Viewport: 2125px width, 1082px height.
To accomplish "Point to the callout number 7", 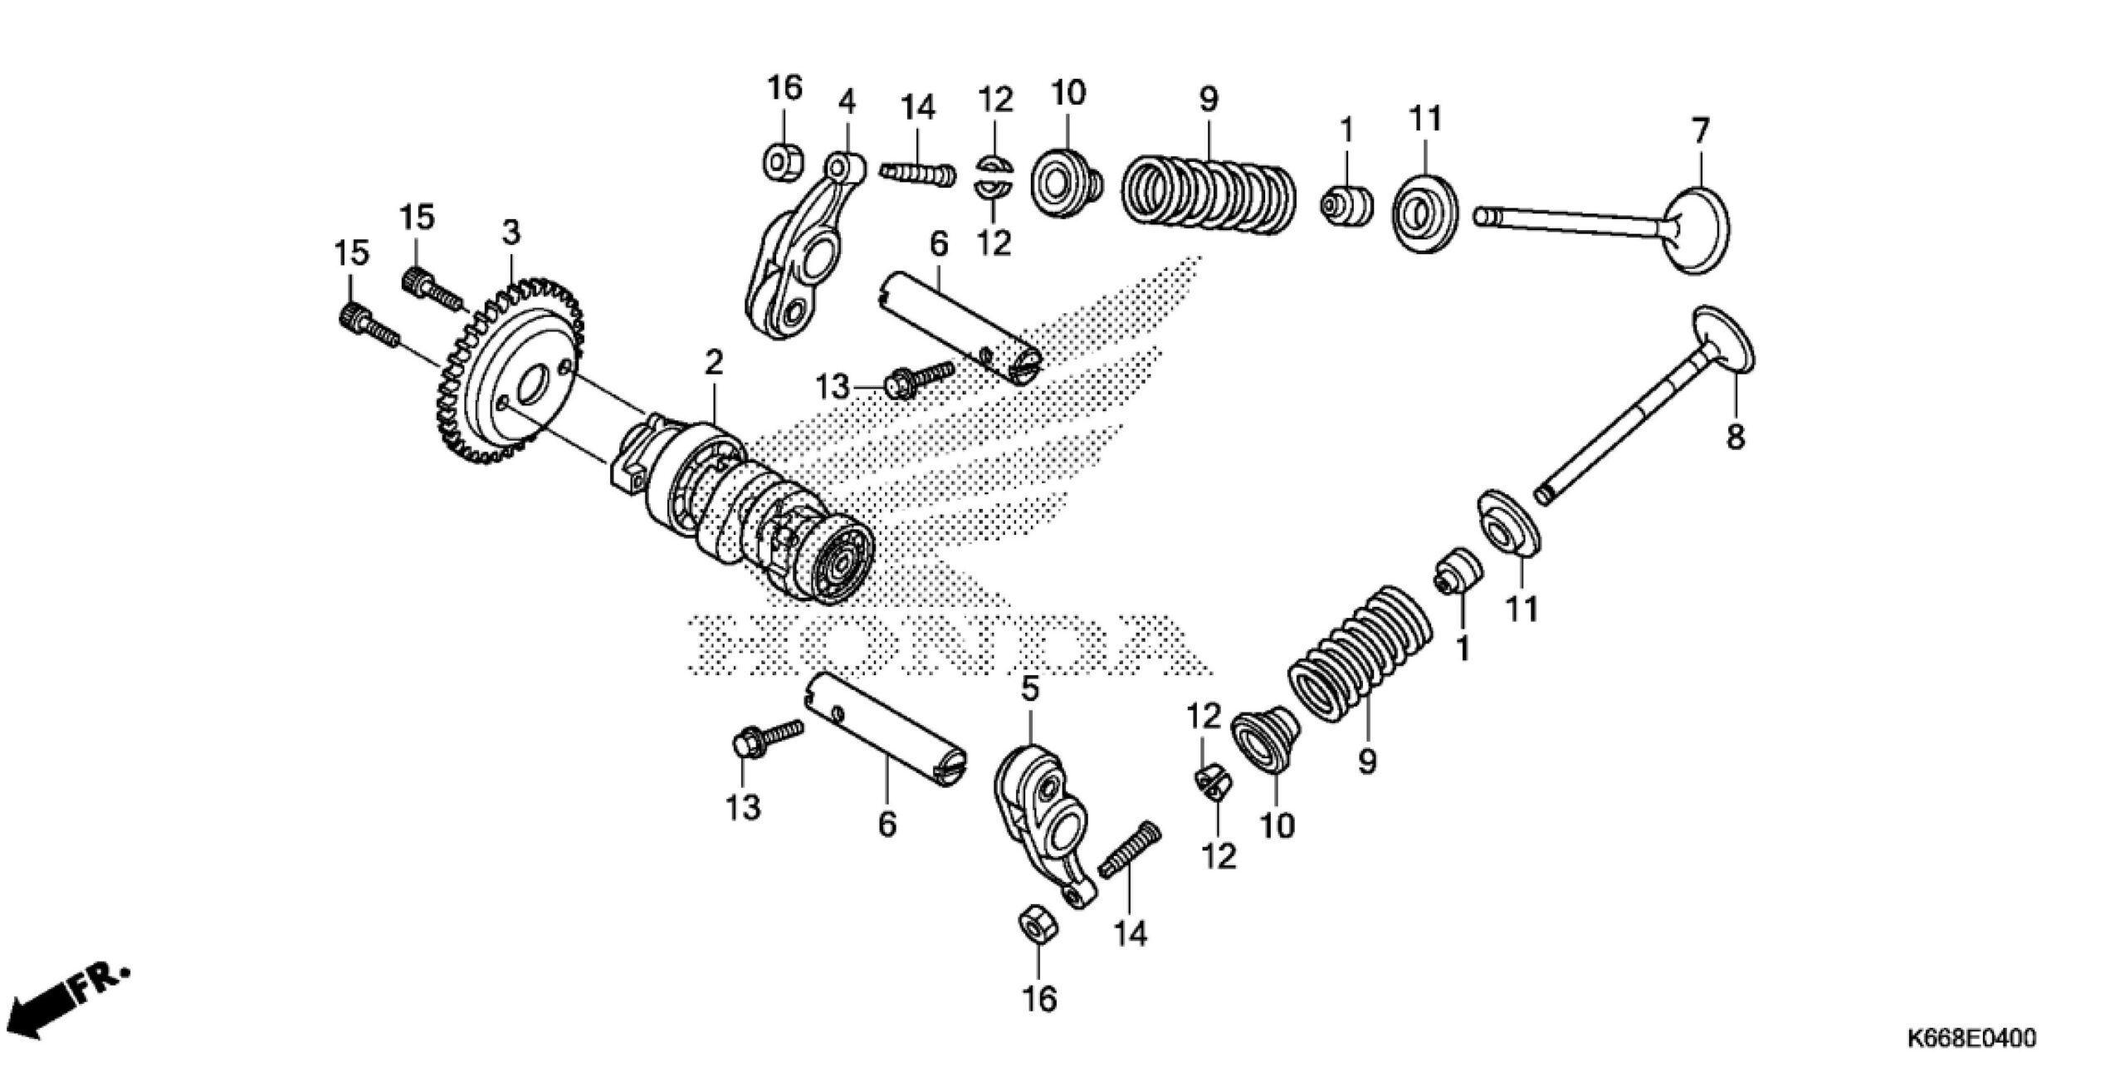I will coord(1701,131).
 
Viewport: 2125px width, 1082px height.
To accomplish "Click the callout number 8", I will coord(1736,436).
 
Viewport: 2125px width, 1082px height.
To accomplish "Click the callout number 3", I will coord(511,233).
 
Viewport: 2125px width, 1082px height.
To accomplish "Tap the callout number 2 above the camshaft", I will coord(714,362).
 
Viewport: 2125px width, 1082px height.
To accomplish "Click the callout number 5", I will coord(1029,688).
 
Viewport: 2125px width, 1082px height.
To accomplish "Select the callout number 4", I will coord(846,103).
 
